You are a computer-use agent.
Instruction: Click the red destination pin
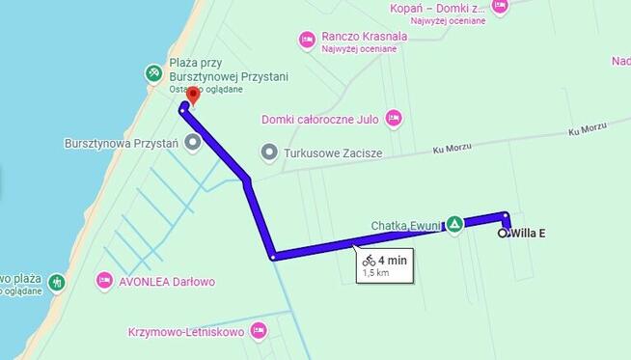click(x=192, y=95)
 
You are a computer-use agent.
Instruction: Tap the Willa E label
click(x=528, y=233)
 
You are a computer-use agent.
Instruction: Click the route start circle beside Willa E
click(x=503, y=233)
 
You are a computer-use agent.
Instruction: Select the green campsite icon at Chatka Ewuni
click(x=454, y=224)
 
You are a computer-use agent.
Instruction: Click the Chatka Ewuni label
click(x=405, y=226)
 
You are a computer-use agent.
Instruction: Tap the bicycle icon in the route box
click(x=369, y=260)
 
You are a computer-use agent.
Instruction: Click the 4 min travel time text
click(x=393, y=260)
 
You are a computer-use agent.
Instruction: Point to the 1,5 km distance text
click(x=374, y=273)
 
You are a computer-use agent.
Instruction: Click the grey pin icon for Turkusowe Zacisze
click(x=269, y=152)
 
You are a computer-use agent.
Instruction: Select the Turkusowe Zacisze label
click(x=334, y=152)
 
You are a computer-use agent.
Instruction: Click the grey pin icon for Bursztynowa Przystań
click(x=192, y=143)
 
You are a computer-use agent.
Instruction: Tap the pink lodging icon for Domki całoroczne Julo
click(x=393, y=119)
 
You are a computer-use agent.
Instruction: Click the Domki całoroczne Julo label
click(x=318, y=120)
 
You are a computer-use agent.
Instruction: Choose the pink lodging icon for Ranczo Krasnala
click(x=307, y=40)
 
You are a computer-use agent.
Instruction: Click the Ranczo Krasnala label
click(x=365, y=37)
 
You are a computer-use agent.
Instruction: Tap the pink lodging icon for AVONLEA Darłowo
click(x=104, y=281)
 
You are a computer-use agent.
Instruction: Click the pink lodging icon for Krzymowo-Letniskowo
click(x=258, y=331)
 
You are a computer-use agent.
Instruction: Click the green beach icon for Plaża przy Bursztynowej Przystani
click(x=152, y=72)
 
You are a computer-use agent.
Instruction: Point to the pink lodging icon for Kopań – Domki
click(x=500, y=6)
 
